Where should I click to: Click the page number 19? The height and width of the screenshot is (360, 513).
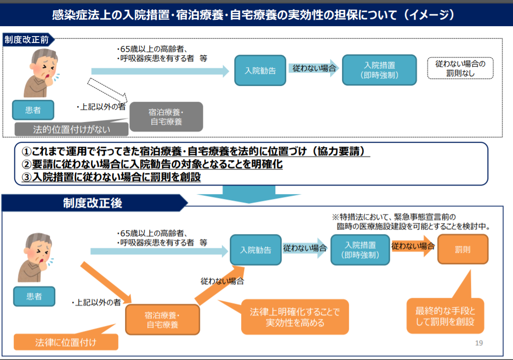478,343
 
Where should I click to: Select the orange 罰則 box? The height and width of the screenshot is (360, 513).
463,249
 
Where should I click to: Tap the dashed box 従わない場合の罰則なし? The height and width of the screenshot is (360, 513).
460,69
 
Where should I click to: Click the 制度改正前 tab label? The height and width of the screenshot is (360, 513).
27,40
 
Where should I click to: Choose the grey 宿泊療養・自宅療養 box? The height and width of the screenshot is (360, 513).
166,117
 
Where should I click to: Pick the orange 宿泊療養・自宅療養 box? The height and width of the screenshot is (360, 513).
163,320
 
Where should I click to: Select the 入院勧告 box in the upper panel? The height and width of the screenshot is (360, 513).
260,70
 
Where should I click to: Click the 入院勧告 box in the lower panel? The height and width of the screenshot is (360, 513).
256,250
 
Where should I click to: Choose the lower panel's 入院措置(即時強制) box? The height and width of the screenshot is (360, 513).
360,250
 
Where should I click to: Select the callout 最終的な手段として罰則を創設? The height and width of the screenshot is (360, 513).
445,316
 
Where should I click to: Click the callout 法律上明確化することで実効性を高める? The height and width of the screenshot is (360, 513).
295,317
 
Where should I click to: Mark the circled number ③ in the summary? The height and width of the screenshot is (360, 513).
26,177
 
